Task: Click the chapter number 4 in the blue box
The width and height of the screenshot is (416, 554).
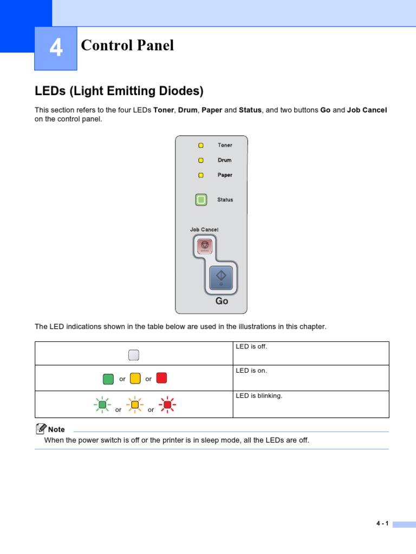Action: click(x=56, y=49)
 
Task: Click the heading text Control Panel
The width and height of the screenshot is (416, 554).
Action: click(x=127, y=45)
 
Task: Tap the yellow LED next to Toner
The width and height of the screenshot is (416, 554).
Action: click(x=201, y=145)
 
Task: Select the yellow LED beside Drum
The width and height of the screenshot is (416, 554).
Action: click(x=201, y=160)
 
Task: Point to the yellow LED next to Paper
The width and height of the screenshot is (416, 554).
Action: click(x=201, y=175)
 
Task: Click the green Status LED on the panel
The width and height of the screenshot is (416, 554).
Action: click(x=201, y=200)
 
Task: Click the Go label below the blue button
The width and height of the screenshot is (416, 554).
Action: click(x=222, y=301)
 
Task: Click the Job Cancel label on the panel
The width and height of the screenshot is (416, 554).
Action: click(x=204, y=229)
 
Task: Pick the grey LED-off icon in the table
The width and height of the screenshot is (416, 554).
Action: click(x=134, y=355)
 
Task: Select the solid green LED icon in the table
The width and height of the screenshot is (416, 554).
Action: click(x=108, y=378)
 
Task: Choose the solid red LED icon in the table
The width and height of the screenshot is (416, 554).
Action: click(x=161, y=378)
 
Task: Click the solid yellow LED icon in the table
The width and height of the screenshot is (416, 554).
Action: click(x=135, y=378)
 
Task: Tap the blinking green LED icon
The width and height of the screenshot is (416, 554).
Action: click(x=102, y=404)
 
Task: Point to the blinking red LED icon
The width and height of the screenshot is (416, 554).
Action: click(x=167, y=404)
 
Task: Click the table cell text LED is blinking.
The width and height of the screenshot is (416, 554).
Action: click(x=259, y=395)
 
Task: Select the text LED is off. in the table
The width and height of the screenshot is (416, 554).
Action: click(x=251, y=346)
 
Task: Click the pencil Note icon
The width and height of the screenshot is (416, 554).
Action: click(x=41, y=428)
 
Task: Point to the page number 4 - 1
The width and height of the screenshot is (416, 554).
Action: click(x=382, y=523)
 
